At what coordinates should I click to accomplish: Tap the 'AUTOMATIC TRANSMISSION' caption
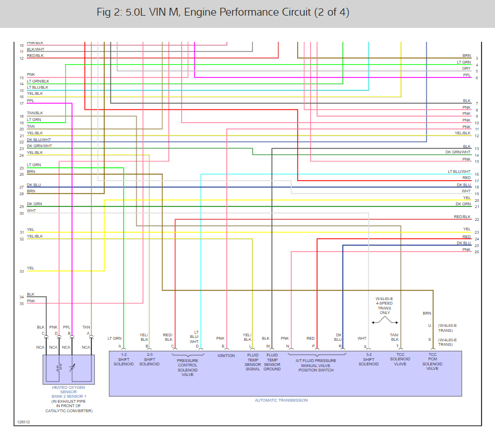[x=281, y=400]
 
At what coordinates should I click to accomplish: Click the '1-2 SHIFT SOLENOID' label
[x=123, y=360]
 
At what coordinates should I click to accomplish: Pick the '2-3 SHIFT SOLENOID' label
[x=149, y=360]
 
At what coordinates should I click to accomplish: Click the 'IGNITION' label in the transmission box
[x=226, y=355]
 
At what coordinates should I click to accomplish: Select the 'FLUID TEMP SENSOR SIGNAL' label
[x=253, y=362]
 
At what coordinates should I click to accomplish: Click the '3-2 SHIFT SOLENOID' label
[x=368, y=360]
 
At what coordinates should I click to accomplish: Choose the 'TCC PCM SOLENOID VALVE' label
[x=433, y=361]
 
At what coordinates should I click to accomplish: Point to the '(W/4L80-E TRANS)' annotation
[x=447, y=342]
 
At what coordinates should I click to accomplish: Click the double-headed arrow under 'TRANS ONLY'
[x=385, y=322]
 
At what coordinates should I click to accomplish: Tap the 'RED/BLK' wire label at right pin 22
[x=462, y=216]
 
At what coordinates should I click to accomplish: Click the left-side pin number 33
[x=21, y=272]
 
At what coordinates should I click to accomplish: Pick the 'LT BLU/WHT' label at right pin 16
[x=459, y=172]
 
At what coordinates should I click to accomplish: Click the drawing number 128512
[x=23, y=422]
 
